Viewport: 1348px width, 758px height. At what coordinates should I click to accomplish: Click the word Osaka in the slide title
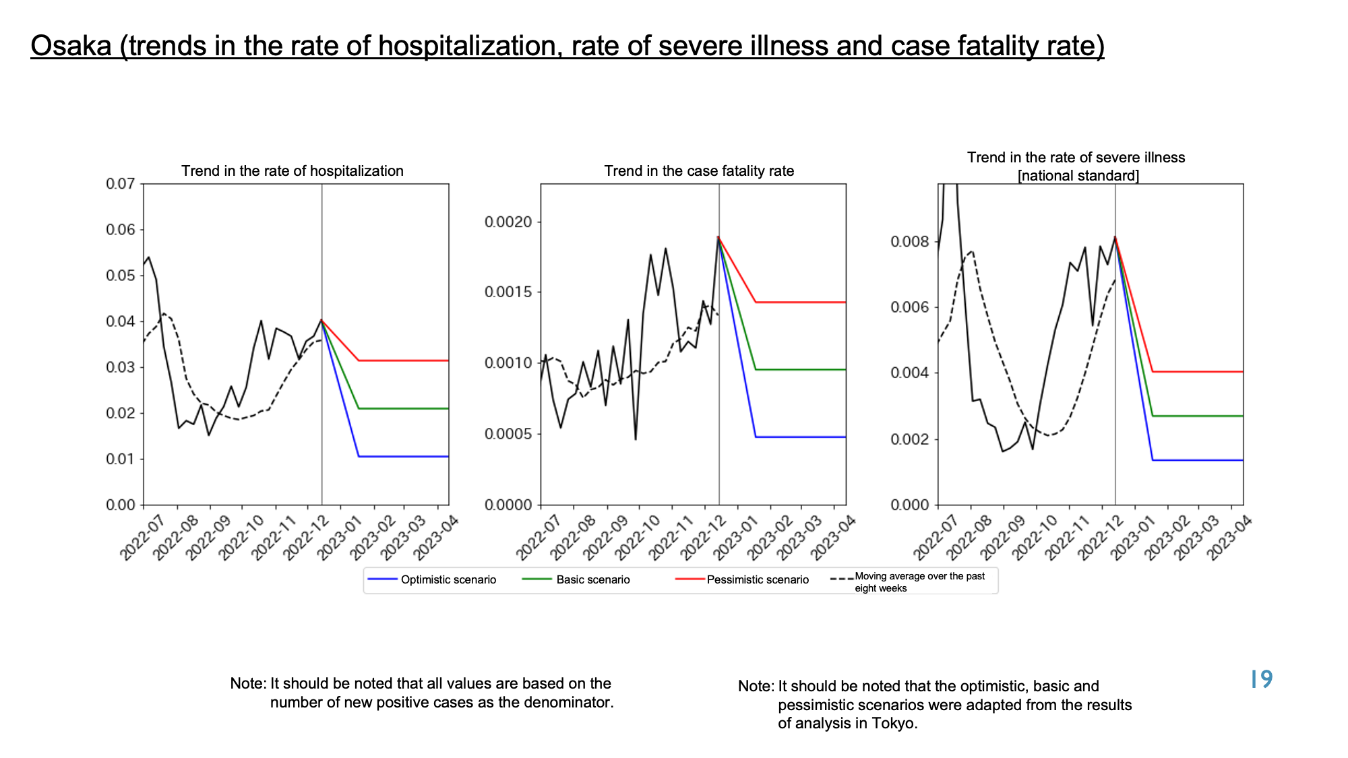point(71,46)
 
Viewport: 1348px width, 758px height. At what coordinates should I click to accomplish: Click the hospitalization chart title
point(293,171)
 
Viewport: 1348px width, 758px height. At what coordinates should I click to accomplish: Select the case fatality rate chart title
point(699,171)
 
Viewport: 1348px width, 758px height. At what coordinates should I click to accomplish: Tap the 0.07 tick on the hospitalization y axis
point(121,184)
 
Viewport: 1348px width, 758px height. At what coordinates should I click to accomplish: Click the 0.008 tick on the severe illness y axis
point(911,242)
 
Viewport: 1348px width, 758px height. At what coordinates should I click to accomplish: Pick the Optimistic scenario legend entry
point(431,579)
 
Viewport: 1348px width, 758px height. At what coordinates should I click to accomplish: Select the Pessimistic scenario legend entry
point(741,579)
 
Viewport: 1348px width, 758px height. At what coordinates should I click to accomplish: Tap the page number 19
point(1261,679)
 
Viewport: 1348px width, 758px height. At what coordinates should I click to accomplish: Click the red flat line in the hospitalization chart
point(404,360)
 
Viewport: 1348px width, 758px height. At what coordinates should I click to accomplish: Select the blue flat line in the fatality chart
point(801,437)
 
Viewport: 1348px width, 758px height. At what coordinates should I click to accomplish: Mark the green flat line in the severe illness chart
point(1198,416)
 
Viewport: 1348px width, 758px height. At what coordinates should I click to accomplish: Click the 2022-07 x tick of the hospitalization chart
point(142,537)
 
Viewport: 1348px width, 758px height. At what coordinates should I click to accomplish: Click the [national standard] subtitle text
point(1078,177)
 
